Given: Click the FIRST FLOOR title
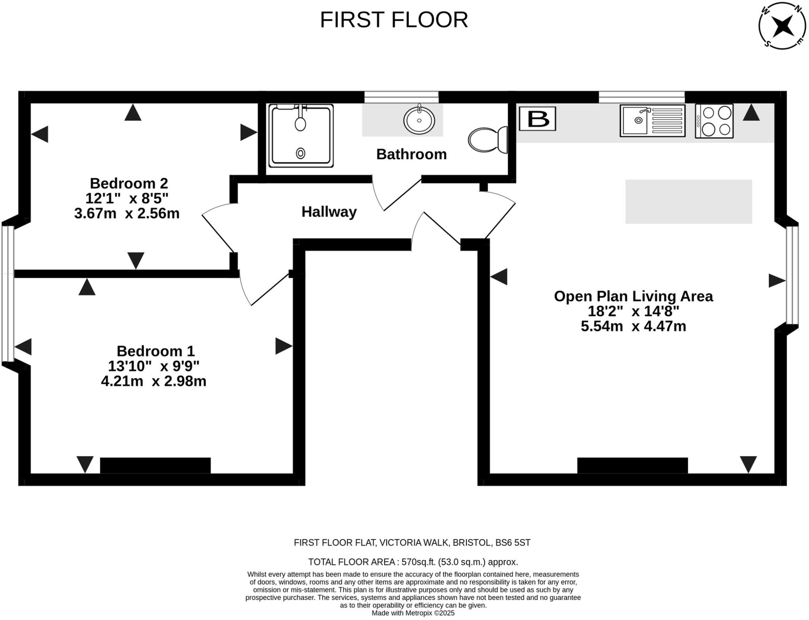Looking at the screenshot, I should click(x=393, y=20).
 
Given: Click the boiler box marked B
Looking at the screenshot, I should click(x=537, y=119).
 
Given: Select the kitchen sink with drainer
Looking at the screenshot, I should click(x=652, y=121).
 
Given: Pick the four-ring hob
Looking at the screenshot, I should click(x=714, y=121).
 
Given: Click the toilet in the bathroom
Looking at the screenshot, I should click(x=488, y=139).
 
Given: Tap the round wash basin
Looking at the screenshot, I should click(x=419, y=120).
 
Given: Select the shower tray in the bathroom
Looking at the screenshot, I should click(x=301, y=136).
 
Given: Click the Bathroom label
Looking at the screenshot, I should click(x=411, y=154).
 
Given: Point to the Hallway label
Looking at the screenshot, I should click(x=329, y=212).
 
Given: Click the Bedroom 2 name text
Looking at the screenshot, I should click(x=129, y=183).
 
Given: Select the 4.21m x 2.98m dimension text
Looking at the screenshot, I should click(x=154, y=381).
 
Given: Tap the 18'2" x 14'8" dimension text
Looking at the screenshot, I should click(x=633, y=311).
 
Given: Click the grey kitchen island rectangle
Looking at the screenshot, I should click(x=688, y=202).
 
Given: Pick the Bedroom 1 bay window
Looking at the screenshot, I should click(x=8, y=293).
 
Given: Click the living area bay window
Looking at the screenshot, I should click(x=792, y=275).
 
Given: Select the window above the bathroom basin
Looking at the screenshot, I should click(x=401, y=97).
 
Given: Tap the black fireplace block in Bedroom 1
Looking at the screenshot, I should click(x=155, y=465).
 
